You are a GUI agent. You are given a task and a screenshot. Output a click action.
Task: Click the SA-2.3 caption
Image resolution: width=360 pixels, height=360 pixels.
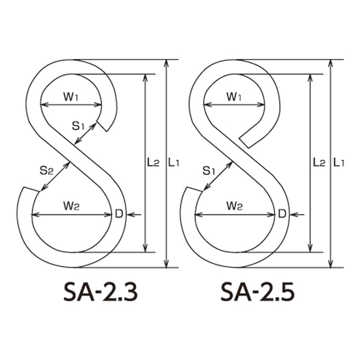click(x=101, y=292)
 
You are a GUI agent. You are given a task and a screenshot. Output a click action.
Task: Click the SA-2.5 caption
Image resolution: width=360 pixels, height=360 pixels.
click(x=257, y=292)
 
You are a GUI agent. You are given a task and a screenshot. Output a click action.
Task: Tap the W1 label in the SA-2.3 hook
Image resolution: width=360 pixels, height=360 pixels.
click(x=71, y=97)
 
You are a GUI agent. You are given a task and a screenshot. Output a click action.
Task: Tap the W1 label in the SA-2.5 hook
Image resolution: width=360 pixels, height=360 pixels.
click(x=234, y=97)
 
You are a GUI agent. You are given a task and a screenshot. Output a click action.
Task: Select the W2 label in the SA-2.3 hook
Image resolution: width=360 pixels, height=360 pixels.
click(x=71, y=206)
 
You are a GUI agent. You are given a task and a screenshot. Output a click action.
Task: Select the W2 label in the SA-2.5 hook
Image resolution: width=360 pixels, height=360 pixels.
click(x=235, y=206)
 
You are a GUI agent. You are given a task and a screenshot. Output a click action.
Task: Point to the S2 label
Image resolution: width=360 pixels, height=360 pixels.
click(x=47, y=170)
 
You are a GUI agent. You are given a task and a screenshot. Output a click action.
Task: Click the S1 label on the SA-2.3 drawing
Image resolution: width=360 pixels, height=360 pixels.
click(x=78, y=126)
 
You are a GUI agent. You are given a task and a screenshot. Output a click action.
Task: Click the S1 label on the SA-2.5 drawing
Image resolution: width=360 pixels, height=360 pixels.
click(x=209, y=170)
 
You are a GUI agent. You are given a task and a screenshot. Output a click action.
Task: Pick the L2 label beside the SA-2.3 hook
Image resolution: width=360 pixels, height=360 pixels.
click(x=153, y=163)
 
